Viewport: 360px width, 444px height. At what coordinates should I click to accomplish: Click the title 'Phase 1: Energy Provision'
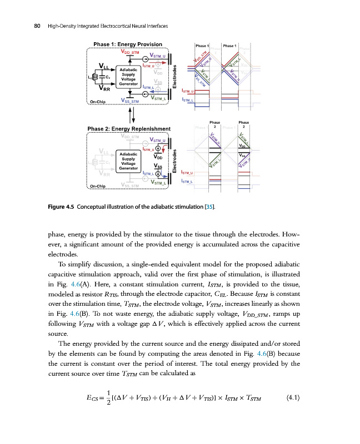pos(128,44)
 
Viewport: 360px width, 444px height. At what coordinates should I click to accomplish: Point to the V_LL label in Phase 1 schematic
pos(104,67)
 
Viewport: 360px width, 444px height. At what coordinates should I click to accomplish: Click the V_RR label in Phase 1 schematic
pos(104,88)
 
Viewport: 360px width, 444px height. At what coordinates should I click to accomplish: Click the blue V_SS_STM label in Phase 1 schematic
pos(132,102)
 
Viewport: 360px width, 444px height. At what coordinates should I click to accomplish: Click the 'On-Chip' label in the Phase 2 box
pos(99,186)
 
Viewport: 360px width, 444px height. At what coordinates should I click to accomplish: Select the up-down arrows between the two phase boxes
pos(131,115)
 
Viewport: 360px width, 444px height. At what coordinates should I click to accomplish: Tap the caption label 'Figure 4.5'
pos(61,208)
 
